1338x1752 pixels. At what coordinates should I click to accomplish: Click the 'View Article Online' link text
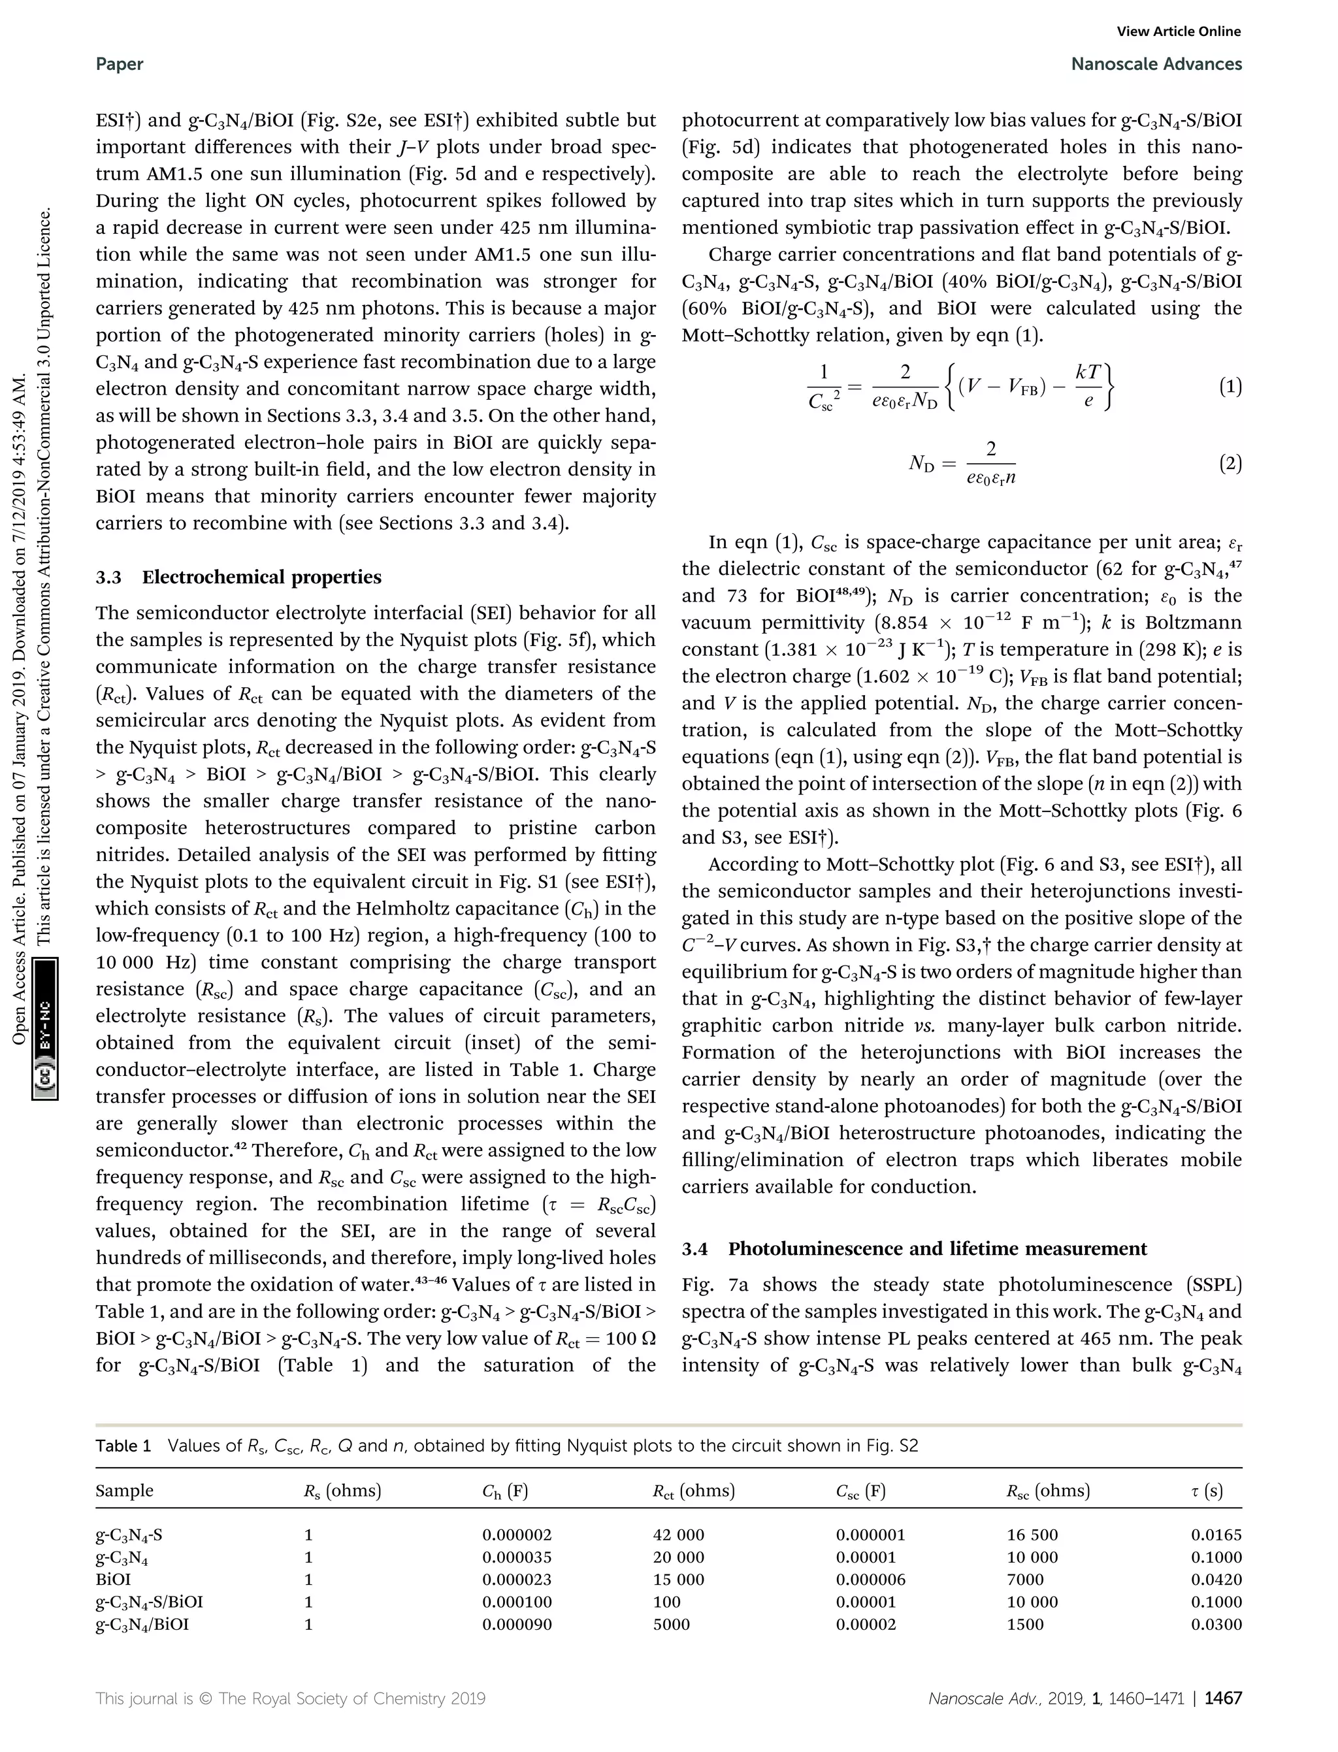[1179, 31]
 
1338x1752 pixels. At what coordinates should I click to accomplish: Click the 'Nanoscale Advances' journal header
[1156, 64]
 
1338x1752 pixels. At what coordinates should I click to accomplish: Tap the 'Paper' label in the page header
[120, 64]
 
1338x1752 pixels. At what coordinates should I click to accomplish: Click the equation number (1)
[1230, 387]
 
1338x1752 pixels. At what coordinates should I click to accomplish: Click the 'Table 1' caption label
[123, 1446]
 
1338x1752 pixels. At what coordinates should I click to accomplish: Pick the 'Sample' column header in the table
[124, 1490]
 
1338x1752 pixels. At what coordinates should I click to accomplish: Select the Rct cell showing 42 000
[679, 1534]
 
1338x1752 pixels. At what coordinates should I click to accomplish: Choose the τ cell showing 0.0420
[1216, 1579]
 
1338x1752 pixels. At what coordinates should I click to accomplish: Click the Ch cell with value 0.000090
[517, 1624]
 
